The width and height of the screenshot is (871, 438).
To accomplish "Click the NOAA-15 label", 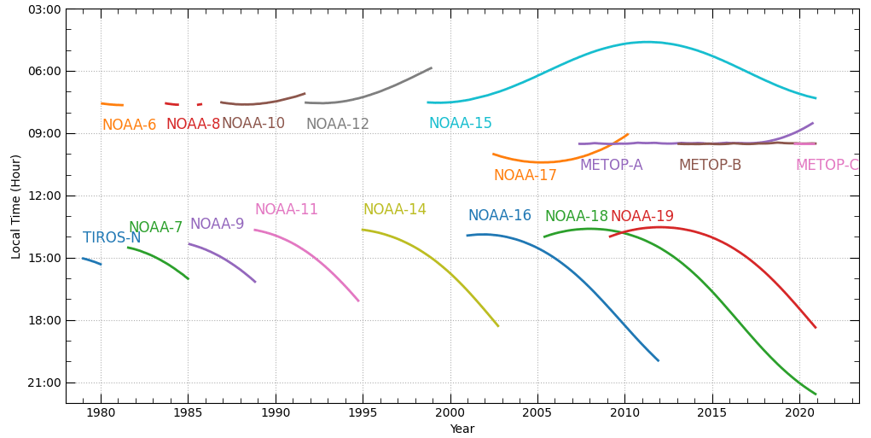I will click(460, 124).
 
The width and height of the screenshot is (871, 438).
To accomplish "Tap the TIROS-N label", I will click(112, 238).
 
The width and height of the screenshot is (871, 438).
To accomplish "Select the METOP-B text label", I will click(710, 166).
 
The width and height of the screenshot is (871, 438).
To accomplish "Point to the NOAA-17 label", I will click(525, 176).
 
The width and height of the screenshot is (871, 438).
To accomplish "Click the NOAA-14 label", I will click(394, 210).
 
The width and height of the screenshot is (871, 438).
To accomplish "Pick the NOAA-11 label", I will click(286, 210).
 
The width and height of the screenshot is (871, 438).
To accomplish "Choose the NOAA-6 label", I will click(129, 126).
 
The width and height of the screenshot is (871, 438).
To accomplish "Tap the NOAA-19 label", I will click(642, 217).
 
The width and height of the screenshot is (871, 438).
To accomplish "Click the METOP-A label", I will click(611, 166).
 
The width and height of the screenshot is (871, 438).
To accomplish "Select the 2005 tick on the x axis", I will click(537, 413).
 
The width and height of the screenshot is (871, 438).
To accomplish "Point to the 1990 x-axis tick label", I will click(276, 413).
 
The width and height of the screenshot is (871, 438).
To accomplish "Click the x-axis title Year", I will click(462, 429).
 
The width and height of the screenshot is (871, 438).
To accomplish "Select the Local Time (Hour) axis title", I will click(16, 207).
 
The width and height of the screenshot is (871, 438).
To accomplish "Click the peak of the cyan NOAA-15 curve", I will click(647, 42).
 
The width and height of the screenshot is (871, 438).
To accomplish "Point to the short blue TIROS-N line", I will click(91, 261).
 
